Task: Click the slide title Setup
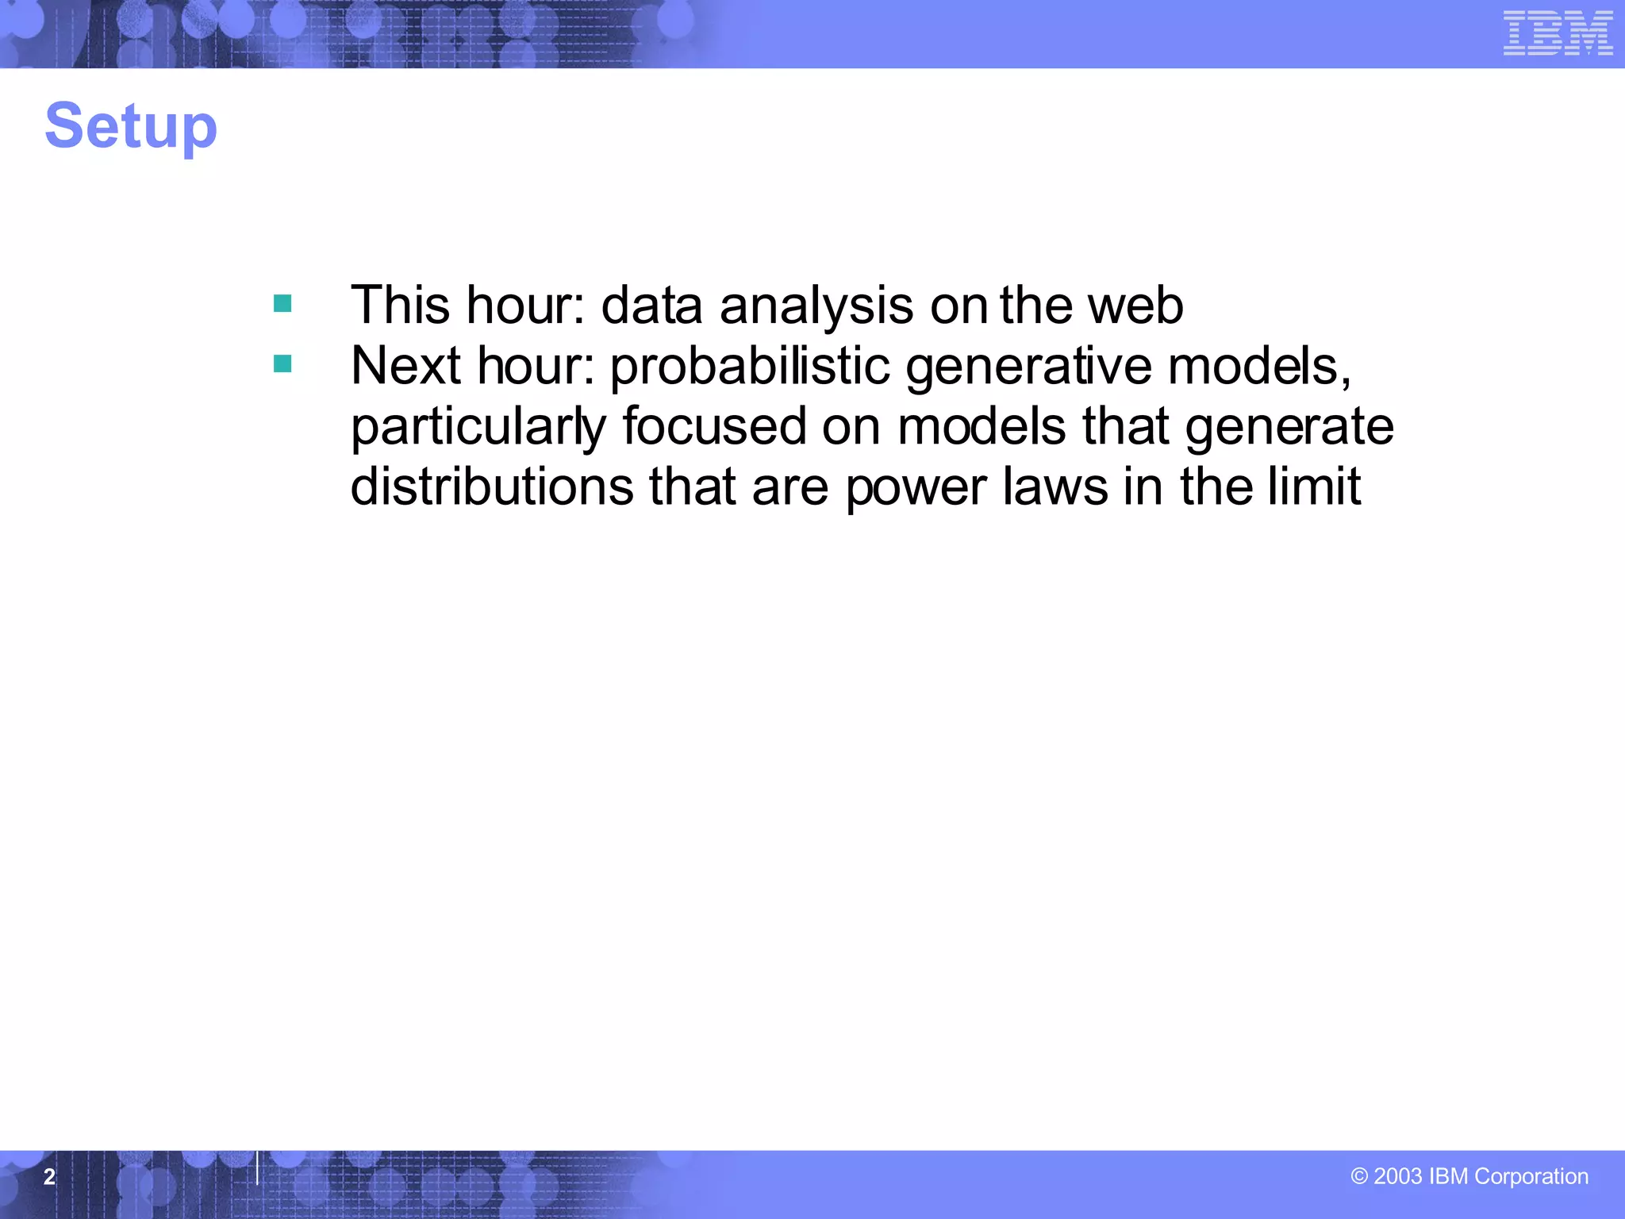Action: pyautogui.click(x=131, y=127)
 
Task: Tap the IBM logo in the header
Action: pyautogui.click(x=1558, y=33)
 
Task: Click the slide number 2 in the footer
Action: pyautogui.click(x=49, y=1177)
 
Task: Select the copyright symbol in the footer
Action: pyautogui.click(x=1359, y=1177)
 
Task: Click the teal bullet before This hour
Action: pyautogui.click(x=282, y=304)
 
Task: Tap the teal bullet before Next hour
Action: pyautogui.click(x=282, y=364)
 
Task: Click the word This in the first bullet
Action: pyautogui.click(x=401, y=306)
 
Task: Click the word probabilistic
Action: pyautogui.click(x=750, y=367)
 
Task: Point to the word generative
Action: pyautogui.click(x=1029, y=367)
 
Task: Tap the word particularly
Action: pyautogui.click(x=478, y=428)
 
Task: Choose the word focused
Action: pyautogui.click(x=713, y=426)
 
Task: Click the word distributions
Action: pyautogui.click(x=492, y=486)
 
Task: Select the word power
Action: pyautogui.click(x=916, y=488)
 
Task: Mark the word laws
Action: pyautogui.click(x=1055, y=486)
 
